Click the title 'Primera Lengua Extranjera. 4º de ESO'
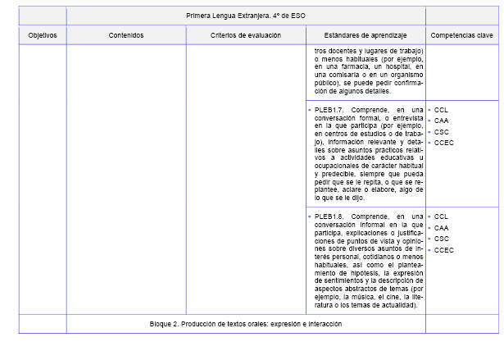[245, 16]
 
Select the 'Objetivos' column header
[42, 36]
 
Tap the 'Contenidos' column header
[125, 36]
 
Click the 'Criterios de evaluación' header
[245, 36]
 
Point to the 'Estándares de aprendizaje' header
[365, 36]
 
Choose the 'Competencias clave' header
[461, 36]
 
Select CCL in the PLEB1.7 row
[442, 109]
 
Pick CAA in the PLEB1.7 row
[442, 121]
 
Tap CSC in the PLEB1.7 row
[442, 131]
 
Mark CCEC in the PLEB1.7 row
[444, 143]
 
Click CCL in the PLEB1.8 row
[442, 216]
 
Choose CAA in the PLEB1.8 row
[442, 228]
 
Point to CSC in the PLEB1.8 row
[442, 239]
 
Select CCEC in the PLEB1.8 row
[444, 250]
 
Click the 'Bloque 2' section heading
[245, 324]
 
